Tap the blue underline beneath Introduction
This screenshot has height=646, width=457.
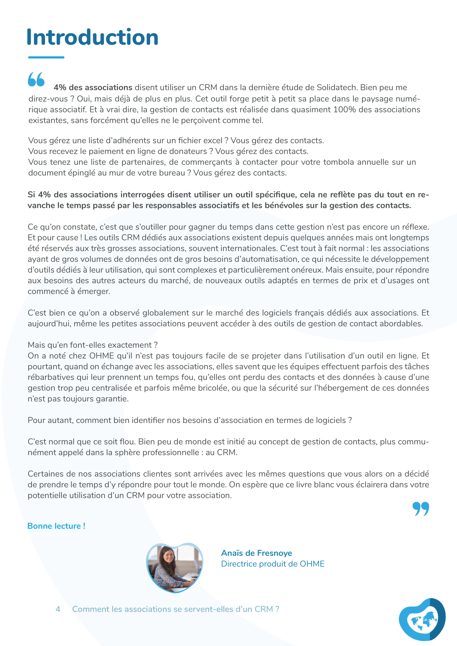tap(46, 57)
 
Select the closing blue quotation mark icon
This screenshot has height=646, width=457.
tap(421, 509)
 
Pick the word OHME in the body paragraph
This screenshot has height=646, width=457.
tap(102, 356)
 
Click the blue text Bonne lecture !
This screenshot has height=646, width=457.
tap(56, 526)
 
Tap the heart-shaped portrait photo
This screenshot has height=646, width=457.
tap(174, 567)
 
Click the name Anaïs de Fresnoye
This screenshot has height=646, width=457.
tap(256, 553)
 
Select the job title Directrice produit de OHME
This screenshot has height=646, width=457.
tap(273, 564)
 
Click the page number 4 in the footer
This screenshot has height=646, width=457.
tap(58, 609)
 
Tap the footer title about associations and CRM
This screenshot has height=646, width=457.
tap(176, 609)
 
